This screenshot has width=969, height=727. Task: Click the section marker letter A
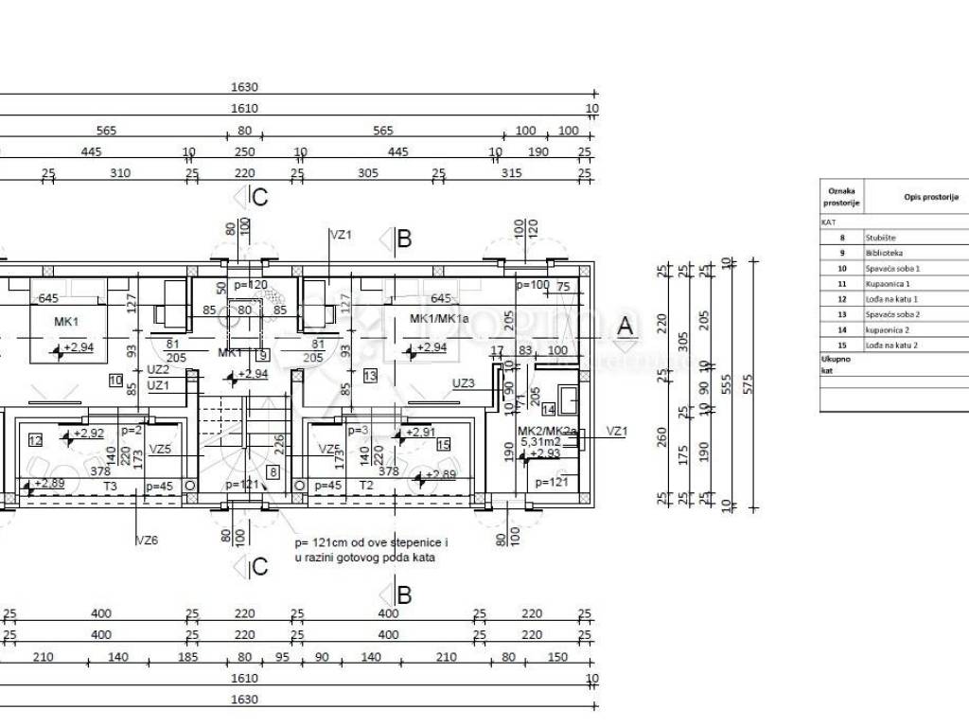click(x=625, y=325)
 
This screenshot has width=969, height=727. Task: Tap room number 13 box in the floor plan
click(x=371, y=377)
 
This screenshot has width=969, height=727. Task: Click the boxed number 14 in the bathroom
click(x=549, y=409)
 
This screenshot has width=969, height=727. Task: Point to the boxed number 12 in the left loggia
click(x=35, y=439)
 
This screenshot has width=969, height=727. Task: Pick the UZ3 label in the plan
click(x=464, y=383)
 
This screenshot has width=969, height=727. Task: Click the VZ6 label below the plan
click(x=147, y=540)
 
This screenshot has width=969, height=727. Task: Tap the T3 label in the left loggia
click(x=110, y=486)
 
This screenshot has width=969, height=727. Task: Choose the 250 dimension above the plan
click(x=244, y=152)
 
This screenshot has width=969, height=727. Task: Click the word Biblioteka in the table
click(x=884, y=253)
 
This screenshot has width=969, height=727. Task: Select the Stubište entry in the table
click(x=880, y=238)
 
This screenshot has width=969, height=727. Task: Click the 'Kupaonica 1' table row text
click(x=888, y=283)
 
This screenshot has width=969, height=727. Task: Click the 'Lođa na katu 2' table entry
click(x=891, y=346)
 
